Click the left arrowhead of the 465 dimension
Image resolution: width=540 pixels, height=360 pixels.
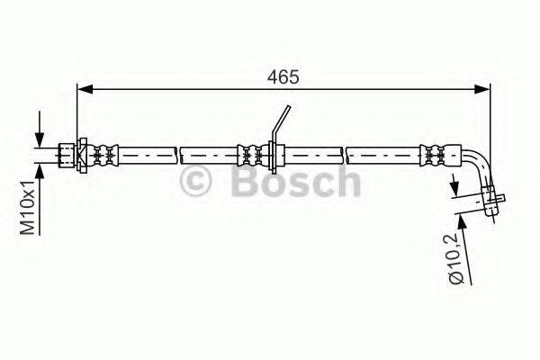point(84,88)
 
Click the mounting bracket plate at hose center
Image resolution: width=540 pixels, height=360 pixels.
point(273,155)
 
